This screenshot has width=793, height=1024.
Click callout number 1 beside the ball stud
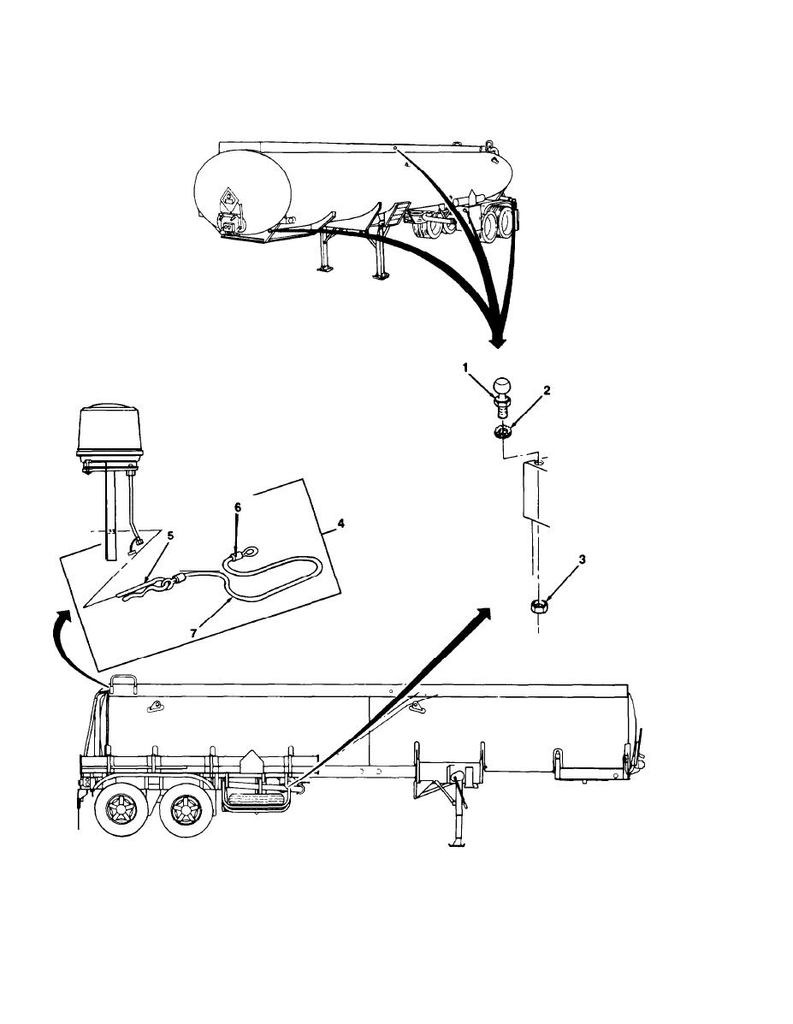[x=465, y=368]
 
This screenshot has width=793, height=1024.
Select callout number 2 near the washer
[x=547, y=391]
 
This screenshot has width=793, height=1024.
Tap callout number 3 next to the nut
[x=582, y=559]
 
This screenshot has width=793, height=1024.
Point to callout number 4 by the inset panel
[x=340, y=523]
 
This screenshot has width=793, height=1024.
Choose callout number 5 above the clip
[x=170, y=536]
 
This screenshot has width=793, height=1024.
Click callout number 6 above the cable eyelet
[x=238, y=506]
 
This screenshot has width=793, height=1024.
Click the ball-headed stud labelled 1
[x=504, y=396]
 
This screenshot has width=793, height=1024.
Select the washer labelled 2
[x=502, y=432]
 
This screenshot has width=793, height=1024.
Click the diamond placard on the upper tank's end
[x=228, y=200]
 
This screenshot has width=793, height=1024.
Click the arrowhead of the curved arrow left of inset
[x=62, y=617]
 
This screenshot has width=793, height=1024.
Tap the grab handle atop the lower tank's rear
[x=123, y=683]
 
